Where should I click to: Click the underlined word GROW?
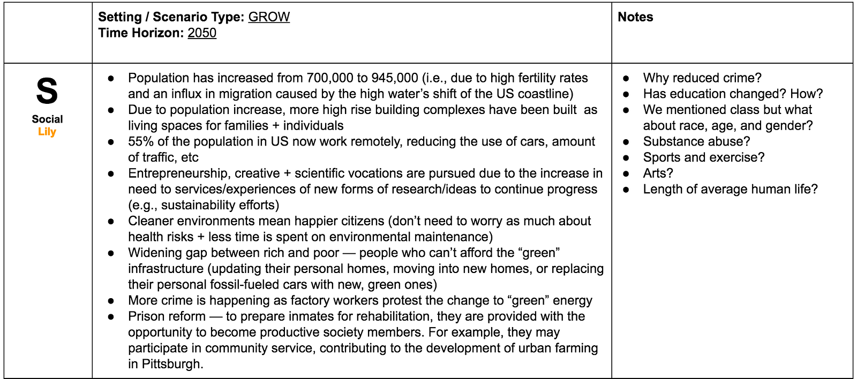coord(269,17)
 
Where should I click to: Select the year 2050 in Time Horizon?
coord(202,33)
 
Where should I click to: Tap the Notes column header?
coord(635,17)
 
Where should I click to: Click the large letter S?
coord(47,92)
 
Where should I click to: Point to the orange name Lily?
coord(47,132)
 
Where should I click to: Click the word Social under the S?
coord(47,119)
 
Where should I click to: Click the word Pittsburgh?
coord(171,364)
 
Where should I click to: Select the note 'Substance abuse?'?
coord(696,142)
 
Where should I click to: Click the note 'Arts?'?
coord(658,173)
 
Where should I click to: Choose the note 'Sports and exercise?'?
coord(704,157)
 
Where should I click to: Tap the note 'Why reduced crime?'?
coord(702,78)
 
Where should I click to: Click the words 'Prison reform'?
coord(167,316)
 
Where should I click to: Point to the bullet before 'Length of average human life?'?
coord(626,189)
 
